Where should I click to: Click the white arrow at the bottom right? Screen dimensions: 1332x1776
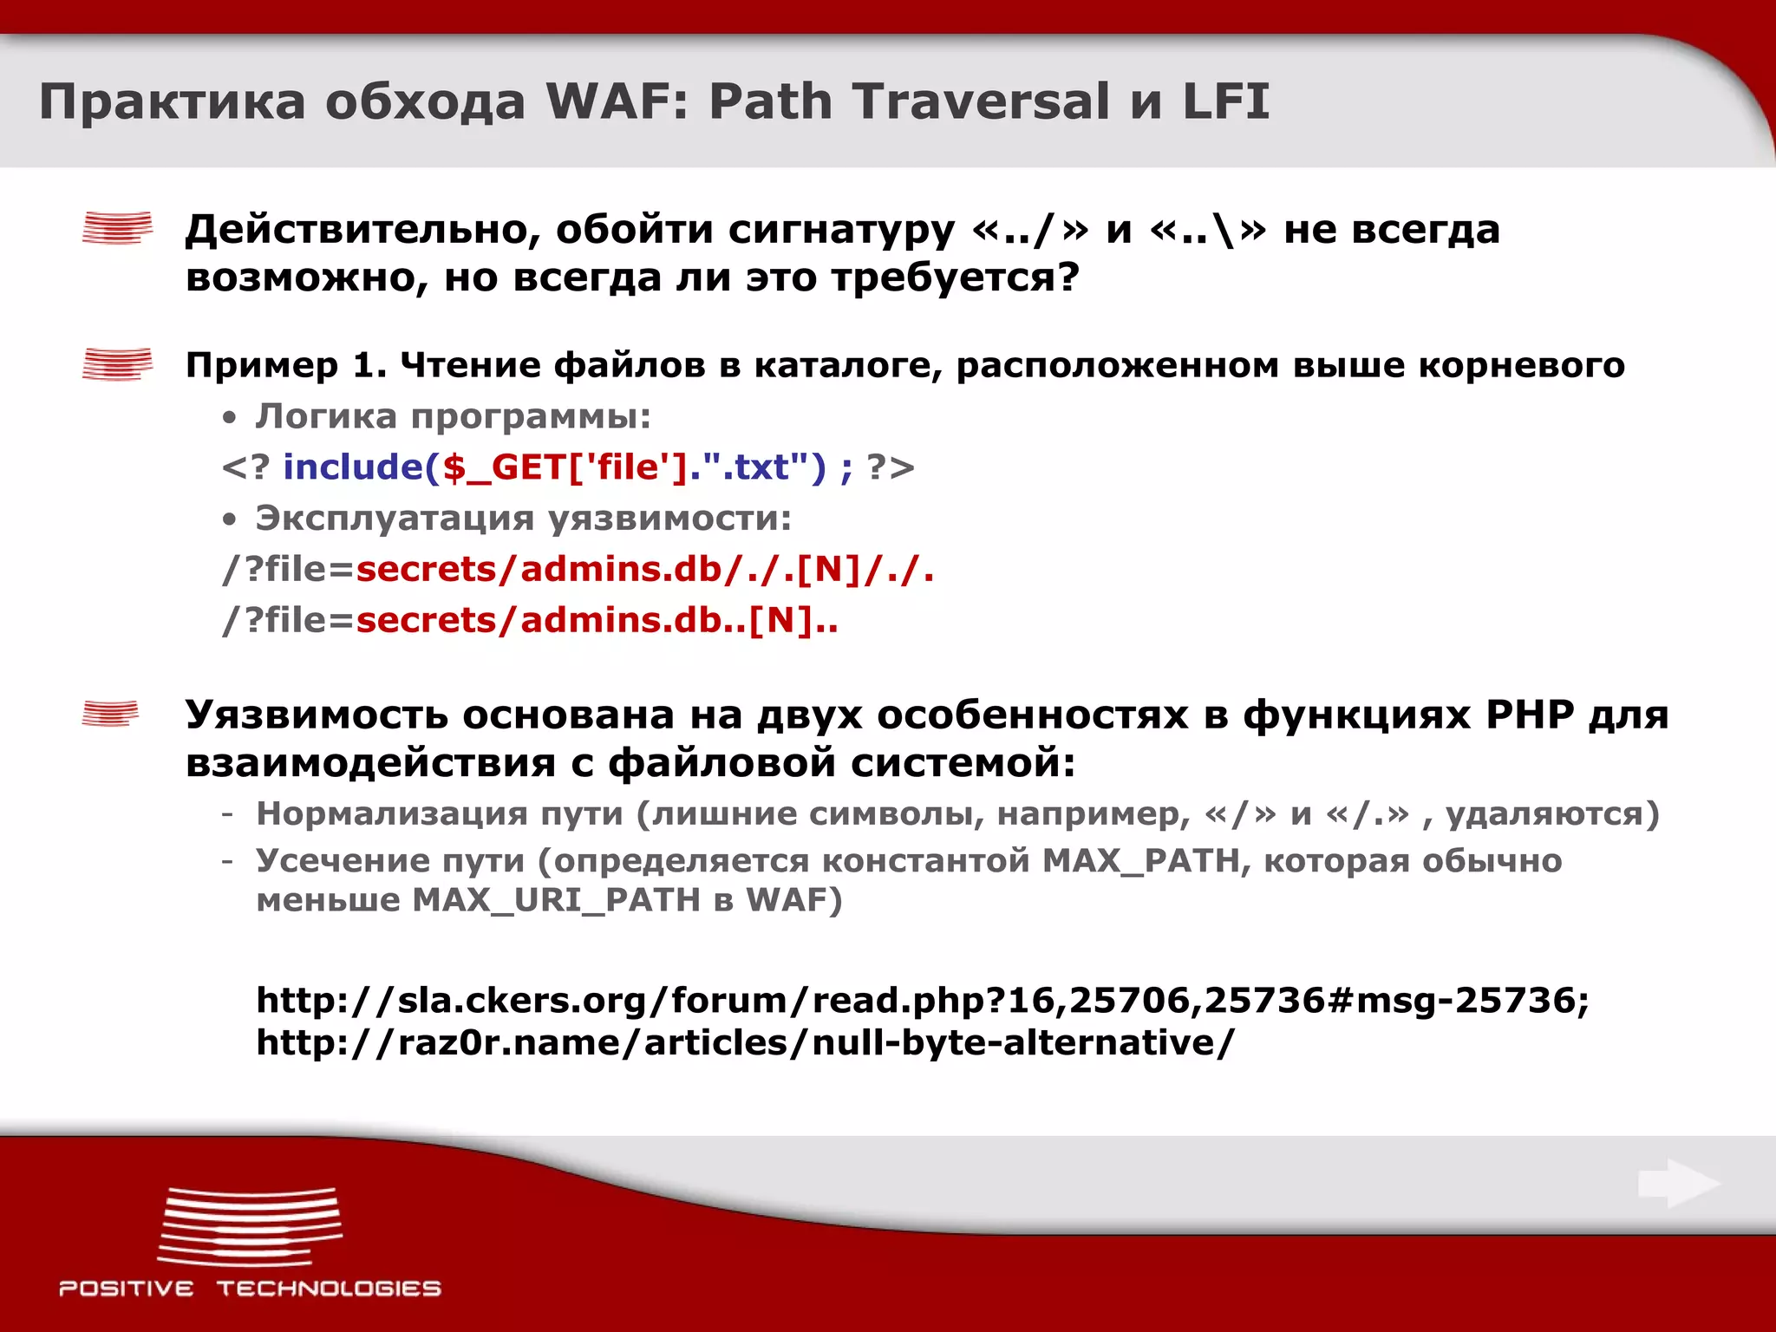pos(1679,1184)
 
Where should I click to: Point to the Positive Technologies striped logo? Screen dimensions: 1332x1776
pos(250,1226)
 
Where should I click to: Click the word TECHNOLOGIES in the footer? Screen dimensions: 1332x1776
pos(329,1289)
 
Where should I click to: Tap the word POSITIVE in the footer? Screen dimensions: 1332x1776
pos(127,1289)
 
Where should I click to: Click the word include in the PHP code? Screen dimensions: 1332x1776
pos(352,467)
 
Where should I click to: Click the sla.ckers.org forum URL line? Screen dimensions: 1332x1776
pos(923,1000)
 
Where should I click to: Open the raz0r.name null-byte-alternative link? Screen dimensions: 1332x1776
pos(744,1042)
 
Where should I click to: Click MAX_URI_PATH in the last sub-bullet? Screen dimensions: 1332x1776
pos(556,900)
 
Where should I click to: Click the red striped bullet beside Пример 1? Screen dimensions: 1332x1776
pos(117,364)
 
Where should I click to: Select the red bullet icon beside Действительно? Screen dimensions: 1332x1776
pos(117,229)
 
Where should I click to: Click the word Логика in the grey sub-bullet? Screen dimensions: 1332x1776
pos(326,416)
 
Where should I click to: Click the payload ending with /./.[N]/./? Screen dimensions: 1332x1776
pos(644,570)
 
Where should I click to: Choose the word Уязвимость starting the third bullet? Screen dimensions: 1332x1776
pos(316,715)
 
